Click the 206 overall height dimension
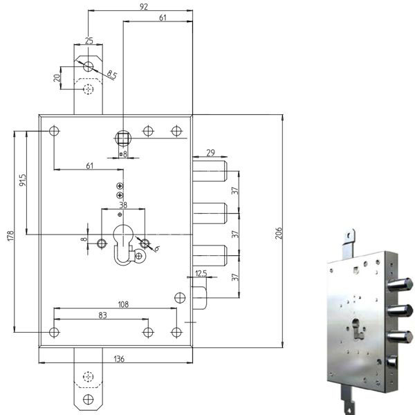click(279, 233)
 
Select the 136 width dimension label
click(119, 359)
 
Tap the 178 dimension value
click(10, 236)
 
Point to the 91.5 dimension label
click(23, 180)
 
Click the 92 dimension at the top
click(144, 6)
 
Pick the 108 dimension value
click(123, 304)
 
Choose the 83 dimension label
click(102, 315)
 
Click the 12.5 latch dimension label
click(201, 273)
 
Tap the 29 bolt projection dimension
click(210, 153)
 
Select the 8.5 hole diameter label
click(111, 75)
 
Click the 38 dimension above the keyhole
click(123, 205)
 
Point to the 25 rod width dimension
click(89, 41)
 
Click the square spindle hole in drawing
click(123, 138)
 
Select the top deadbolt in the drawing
click(210, 171)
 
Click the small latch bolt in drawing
click(200, 298)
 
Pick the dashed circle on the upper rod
click(88, 89)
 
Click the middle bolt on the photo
click(400, 311)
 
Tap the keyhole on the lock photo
click(357, 329)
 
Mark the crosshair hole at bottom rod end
click(88, 399)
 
